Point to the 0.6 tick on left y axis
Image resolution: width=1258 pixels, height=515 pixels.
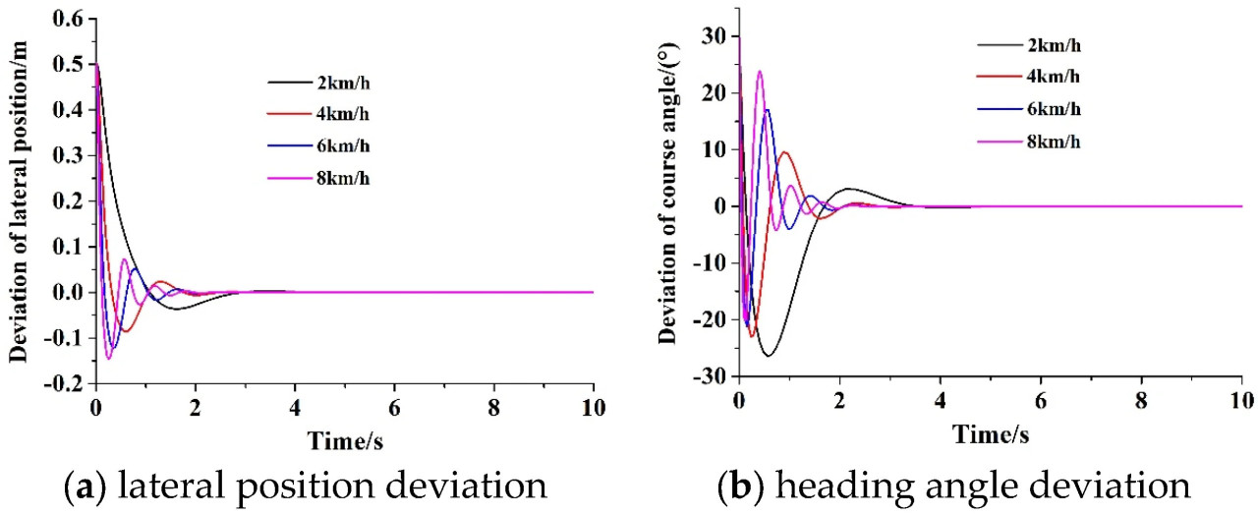point(68,20)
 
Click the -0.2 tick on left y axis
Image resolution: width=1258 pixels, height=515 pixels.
point(64,383)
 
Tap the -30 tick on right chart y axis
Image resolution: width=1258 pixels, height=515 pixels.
point(707,376)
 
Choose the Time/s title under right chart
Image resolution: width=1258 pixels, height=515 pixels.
point(990,432)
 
